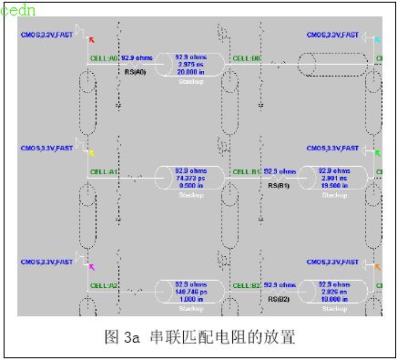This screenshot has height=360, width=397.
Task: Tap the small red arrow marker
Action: click(91, 39)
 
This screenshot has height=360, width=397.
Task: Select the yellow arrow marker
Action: click(91, 152)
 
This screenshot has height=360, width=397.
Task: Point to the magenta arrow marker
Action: click(91, 266)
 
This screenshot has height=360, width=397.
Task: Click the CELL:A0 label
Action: click(105, 57)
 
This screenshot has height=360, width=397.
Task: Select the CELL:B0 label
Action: click(247, 57)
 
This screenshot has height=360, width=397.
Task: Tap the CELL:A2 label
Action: click(105, 285)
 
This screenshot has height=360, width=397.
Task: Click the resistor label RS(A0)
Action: click(134, 72)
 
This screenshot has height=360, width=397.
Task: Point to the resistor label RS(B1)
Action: click(278, 185)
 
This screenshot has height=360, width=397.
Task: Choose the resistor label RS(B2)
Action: click(278, 298)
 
